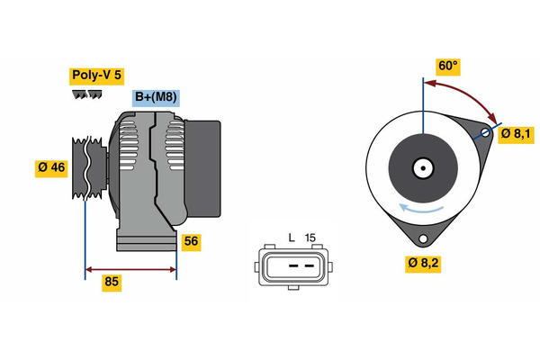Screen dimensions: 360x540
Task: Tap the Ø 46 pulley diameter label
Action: coord(51,168)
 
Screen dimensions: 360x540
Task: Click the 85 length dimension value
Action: coord(112,282)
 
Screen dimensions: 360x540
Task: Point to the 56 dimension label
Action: coord(190,241)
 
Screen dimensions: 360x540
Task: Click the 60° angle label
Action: coord(447,66)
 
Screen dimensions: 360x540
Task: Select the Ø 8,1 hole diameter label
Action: coord(517,134)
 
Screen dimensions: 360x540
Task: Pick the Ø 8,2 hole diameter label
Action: coord(423,263)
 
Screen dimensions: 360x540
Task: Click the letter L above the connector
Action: coord(291,237)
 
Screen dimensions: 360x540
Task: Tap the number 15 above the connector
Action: coord(311,237)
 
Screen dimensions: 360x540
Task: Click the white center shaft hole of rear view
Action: coord(421,167)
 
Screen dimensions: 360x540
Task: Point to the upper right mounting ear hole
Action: coord(484,133)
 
